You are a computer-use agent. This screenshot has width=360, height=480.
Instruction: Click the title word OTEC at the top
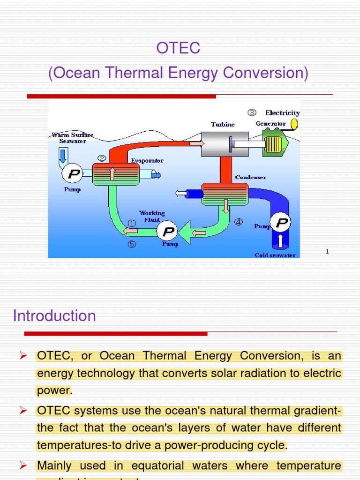(x=178, y=48)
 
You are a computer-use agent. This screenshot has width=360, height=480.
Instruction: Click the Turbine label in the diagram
(x=223, y=124)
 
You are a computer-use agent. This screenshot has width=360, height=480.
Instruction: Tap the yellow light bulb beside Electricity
(x=295, y=123)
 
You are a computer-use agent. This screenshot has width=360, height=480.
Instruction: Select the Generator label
(x=270, y=124)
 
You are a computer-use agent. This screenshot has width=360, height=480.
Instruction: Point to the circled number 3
(x=252, y=112)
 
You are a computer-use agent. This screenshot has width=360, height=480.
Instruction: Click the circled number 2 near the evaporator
(x=100, y=157)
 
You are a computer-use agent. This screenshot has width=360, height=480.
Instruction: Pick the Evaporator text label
(x=147, y=160)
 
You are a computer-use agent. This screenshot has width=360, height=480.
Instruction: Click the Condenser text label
(x=250, y=177)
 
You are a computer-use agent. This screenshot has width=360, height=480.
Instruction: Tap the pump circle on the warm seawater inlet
(x=73, y=174)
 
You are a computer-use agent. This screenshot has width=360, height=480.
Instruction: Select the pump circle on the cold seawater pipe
(x=281, y=223)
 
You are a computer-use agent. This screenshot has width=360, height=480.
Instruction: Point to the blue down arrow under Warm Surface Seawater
(x=63, y=154)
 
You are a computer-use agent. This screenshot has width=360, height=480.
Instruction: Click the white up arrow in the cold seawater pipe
(x=280, y=241)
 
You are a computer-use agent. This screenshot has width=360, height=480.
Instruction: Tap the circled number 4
(x=239, y=223)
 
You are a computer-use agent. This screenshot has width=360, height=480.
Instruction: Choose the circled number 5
(x=132, y=244)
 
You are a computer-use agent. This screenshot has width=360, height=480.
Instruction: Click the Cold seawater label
(x=275, y=255)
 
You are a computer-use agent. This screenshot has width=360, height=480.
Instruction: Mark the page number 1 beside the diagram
(x=327, y=252)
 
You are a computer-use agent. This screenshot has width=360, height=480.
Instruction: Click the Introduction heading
(x=54, y=316)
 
